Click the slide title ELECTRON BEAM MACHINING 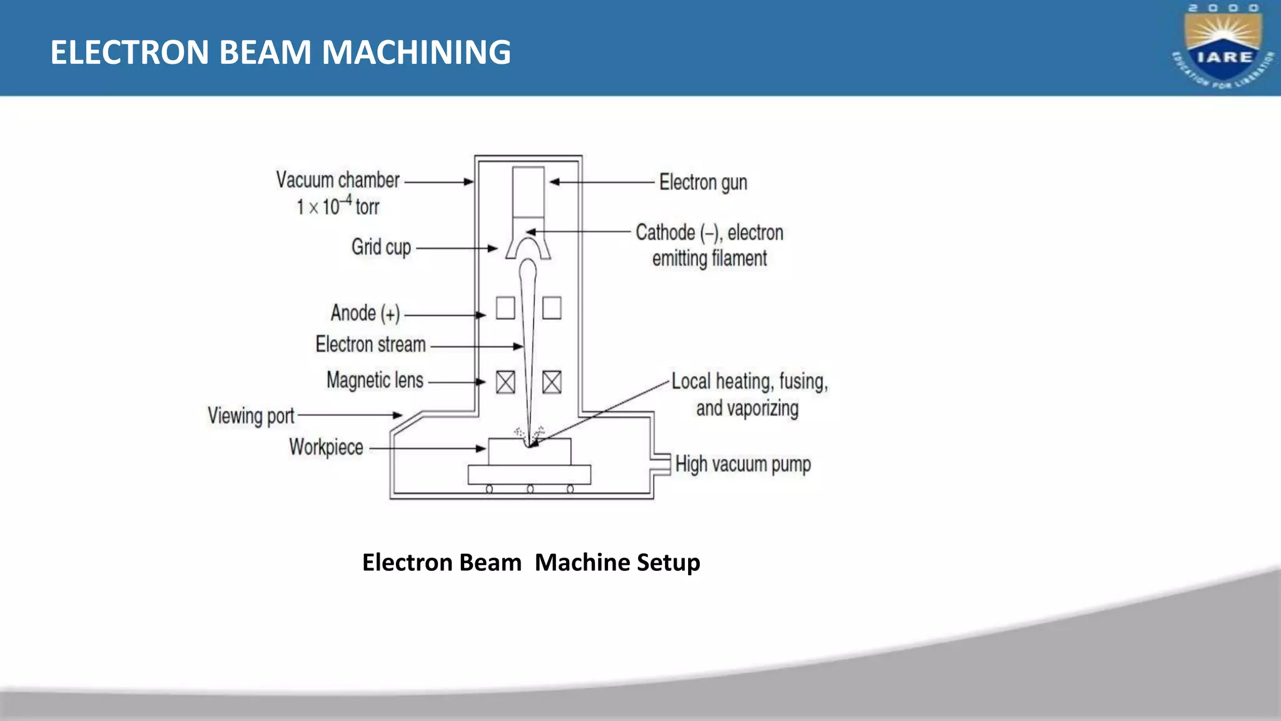point(280,52)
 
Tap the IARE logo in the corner point(1223,48)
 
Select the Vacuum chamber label point(338,180)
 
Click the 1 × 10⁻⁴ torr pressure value point(338,206)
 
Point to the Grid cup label point(381,247)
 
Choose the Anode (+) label point(365,313)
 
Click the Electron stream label point(370,344)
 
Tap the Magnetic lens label point(375,380)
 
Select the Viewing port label point(251,416)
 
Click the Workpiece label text point(326,447)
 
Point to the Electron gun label point(703,182)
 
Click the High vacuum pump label point(743,464)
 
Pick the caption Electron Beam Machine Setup point(531,562)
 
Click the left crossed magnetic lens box point(505,382)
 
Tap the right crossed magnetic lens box point(552,382)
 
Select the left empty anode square point(505,308)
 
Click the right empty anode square point(552,308)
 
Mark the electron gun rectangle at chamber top point(528,192)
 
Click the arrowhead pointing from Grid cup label point(493,248)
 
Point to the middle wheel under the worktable point(530,489)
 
